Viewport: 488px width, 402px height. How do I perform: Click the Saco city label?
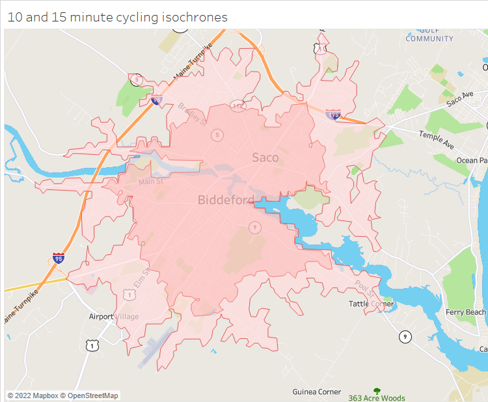click(x=265, y=157)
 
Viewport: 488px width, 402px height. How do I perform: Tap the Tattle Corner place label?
click(x=372, y=304)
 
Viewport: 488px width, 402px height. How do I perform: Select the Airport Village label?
click(x=114, y=316)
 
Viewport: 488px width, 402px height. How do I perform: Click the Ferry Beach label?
click(x=465, y=312)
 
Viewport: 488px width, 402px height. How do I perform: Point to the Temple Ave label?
click(x=436, y=138)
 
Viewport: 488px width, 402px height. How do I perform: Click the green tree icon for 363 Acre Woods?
click(x=377, y=392)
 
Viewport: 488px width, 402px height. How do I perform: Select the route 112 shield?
click(x=237, y=105)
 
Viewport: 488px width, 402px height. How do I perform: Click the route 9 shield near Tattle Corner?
click(x=405, y=336)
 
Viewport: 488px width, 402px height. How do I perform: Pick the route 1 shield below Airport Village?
click(x=93, y=345)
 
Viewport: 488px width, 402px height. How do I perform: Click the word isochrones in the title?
click(x=195, y=17)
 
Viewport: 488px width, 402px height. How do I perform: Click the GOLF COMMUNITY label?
click(x=429, y=34)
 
